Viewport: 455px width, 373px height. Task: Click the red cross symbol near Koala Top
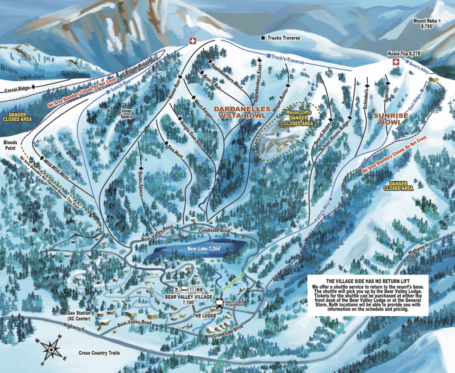396,62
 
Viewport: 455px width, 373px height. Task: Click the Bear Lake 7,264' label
204,249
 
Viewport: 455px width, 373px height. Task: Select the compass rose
52,349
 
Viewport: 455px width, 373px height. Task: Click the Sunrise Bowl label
391,119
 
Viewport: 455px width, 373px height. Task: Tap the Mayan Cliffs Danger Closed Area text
298,118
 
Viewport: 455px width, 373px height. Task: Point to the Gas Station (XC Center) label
79,316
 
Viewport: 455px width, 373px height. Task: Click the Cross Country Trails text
99,353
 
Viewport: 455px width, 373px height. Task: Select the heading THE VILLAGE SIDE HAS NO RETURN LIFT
368,281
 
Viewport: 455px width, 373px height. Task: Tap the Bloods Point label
10,145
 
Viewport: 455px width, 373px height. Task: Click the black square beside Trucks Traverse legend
263,38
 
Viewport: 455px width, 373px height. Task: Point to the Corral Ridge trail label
17,90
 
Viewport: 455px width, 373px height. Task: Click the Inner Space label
127,113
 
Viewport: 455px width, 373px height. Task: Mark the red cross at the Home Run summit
192,41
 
